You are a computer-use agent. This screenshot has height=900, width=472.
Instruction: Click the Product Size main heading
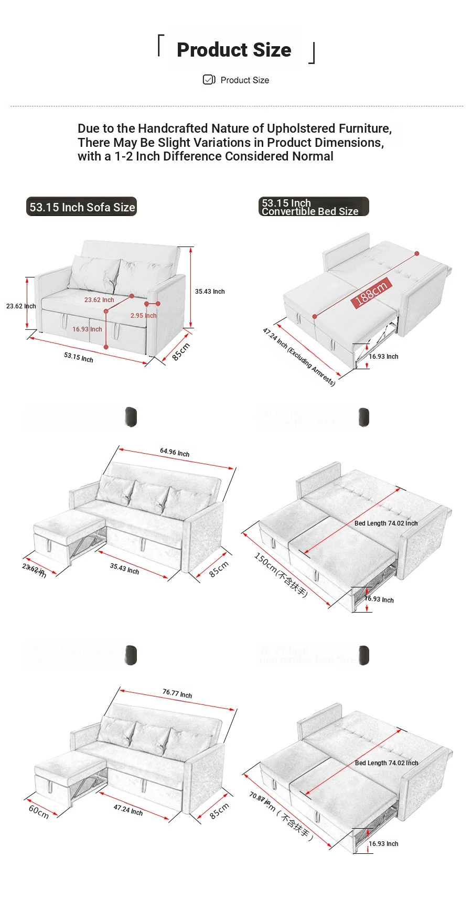pos(234,50)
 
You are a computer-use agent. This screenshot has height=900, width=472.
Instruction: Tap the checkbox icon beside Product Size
pos(208,80)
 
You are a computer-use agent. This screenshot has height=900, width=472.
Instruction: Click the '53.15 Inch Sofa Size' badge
pos(82,207)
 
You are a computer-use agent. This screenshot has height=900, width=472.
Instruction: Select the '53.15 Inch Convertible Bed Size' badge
pos(313,207)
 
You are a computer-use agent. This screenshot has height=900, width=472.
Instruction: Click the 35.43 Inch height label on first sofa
pos(210,292)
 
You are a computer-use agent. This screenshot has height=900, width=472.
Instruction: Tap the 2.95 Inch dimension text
pos(143,316)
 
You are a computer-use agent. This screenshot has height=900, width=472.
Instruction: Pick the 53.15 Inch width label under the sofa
pos(79,357)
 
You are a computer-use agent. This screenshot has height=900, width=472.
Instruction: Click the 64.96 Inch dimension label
pos(175,452)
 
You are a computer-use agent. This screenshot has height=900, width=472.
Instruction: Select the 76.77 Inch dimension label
pos(177,693)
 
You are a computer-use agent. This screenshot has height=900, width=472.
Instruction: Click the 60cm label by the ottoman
pos(38,811)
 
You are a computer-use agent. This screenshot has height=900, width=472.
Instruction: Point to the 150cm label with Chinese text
pos(281,575)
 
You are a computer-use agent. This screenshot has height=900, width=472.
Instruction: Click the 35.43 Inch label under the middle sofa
pos(124,569)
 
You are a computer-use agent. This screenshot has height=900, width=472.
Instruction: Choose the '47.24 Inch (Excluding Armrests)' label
pos(298,356)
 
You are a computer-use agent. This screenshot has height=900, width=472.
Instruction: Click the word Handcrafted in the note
pos(174,128)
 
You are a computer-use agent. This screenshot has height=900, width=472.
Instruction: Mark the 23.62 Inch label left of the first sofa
pos(21,306)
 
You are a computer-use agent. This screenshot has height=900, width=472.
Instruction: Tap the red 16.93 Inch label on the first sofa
pos(87,329)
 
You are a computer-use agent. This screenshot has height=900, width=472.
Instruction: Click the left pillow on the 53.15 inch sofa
pos(94,273)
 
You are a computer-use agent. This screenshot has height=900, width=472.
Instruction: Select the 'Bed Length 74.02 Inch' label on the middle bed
pos(386,523)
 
